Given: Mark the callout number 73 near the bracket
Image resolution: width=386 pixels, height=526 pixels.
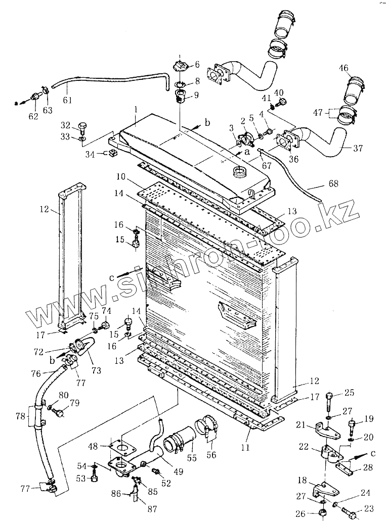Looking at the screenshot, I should pos(96,370).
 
